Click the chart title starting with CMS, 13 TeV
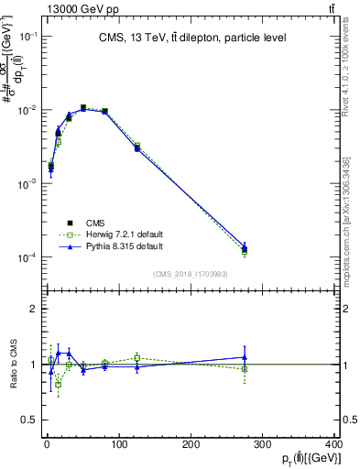[191, 38]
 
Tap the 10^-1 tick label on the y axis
[28, 36]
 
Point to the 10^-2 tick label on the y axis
[28, 110]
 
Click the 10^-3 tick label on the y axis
[28, 184]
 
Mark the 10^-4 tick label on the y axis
[28, 258]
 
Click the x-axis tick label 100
[118, 444]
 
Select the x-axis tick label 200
[191, 444]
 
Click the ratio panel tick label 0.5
[29, 420]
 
